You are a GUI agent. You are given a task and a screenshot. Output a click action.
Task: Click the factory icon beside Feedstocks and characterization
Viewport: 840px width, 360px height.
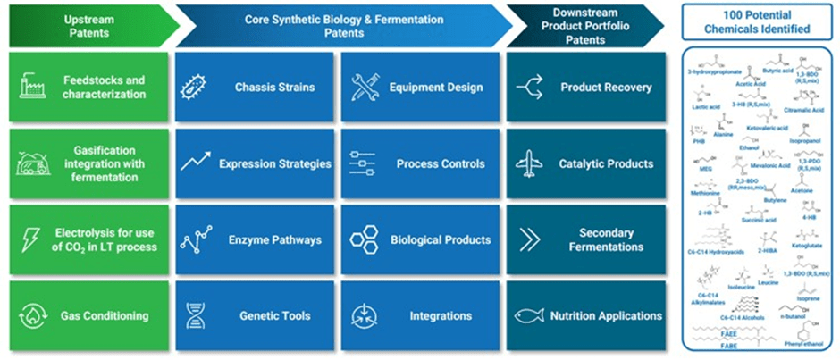pos(32,87)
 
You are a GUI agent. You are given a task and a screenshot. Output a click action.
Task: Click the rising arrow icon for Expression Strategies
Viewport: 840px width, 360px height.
pos(195,163)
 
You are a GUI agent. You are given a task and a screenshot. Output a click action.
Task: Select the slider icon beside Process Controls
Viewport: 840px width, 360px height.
pos(363,163)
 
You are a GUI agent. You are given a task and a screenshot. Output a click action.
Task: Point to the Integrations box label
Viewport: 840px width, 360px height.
pos(441,316)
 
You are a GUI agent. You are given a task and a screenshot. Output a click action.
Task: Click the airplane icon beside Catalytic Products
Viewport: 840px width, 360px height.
pos(530,163)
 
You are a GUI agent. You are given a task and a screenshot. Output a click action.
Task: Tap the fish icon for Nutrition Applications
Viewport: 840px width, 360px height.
pos(530,316)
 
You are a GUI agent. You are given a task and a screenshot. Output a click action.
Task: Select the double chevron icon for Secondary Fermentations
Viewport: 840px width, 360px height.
pos(530,239)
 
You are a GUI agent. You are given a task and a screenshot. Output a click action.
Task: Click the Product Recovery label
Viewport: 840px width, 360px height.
pos(606,88)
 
